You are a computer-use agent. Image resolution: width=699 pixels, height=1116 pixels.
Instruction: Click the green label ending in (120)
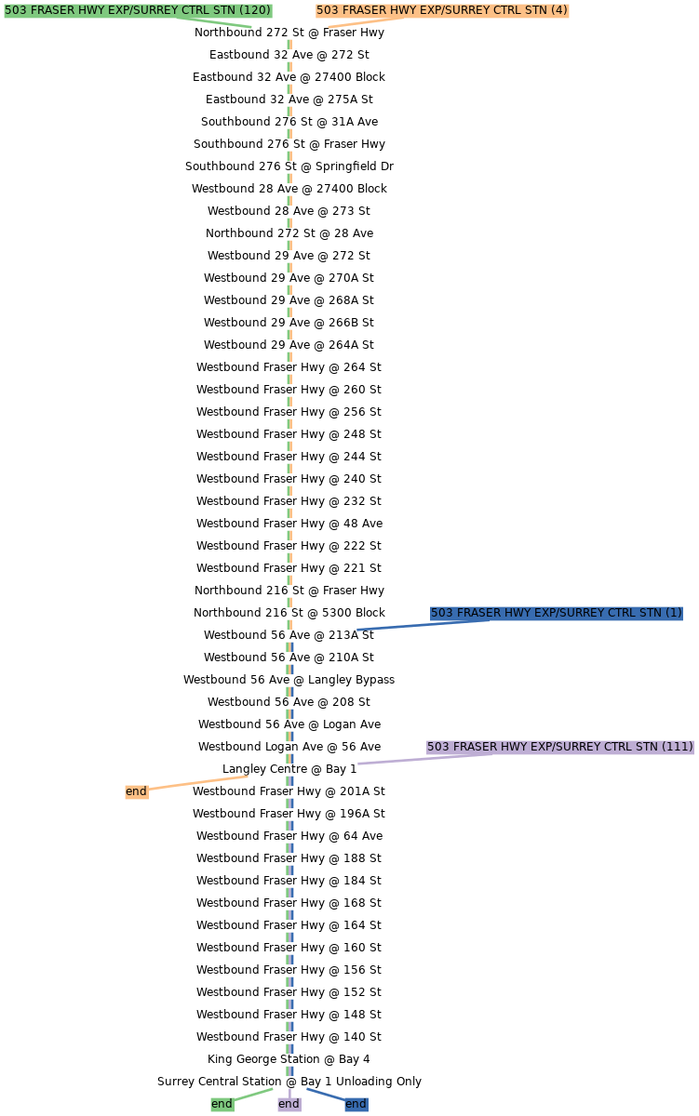138,10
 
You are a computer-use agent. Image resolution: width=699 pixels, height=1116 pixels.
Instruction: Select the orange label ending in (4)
441,10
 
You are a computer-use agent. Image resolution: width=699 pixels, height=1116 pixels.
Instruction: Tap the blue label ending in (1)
556,613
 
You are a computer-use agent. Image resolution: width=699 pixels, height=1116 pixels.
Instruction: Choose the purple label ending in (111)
559,747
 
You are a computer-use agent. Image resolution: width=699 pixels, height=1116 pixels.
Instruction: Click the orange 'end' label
136,791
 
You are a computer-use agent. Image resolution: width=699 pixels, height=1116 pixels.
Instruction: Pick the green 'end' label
222,1104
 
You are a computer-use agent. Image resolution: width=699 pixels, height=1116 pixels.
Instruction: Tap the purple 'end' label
289,1104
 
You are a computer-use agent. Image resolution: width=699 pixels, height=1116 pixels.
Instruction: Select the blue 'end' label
356,1104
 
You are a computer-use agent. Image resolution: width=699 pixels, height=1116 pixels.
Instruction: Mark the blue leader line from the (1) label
419,624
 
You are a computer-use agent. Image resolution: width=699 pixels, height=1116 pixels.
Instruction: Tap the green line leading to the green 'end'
253,1095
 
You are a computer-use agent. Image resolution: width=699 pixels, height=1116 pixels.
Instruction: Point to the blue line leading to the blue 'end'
326,1095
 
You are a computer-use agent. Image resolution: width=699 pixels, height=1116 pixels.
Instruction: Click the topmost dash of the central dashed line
289,44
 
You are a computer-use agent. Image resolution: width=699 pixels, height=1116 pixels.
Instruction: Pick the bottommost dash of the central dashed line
289,1071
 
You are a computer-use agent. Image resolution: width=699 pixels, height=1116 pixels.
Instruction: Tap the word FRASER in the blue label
479,613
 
